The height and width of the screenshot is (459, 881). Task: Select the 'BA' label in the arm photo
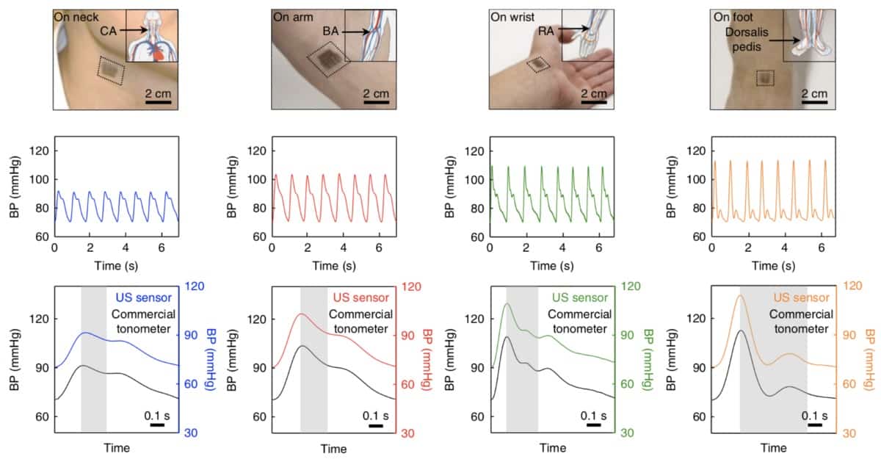coord(330,33)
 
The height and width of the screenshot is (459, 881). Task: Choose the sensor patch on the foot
coord(764,77)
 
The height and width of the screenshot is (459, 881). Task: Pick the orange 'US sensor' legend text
coord(801,297)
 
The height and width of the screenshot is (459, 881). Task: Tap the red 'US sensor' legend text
coord(362,297)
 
